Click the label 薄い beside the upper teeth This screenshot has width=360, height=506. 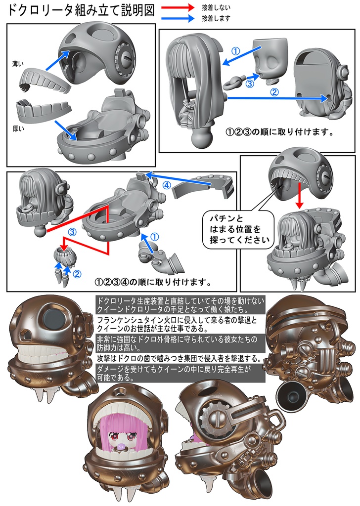click(x=18, y=64)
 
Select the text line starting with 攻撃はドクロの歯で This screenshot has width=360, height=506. click(x=180, y=358)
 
